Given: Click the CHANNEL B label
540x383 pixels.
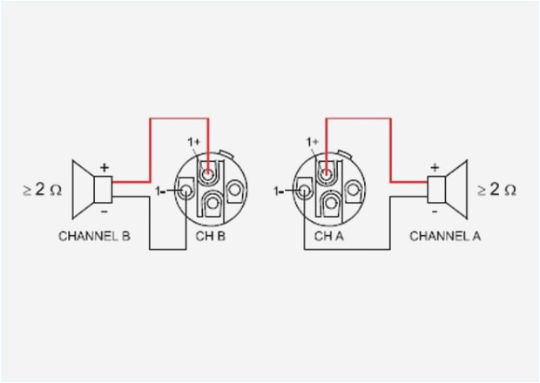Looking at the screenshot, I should [94, 235].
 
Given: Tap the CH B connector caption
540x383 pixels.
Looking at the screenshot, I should [212, 235].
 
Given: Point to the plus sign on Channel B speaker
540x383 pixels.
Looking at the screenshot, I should [105, 166].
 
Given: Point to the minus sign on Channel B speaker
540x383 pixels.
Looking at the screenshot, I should [105, 211].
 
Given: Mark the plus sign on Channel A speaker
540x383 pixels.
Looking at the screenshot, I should [435, 166].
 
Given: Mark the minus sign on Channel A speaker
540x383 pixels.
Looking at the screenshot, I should [435, 211].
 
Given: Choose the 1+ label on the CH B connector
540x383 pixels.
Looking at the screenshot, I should [192, 142].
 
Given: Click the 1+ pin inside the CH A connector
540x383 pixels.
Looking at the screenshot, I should [327, 174].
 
